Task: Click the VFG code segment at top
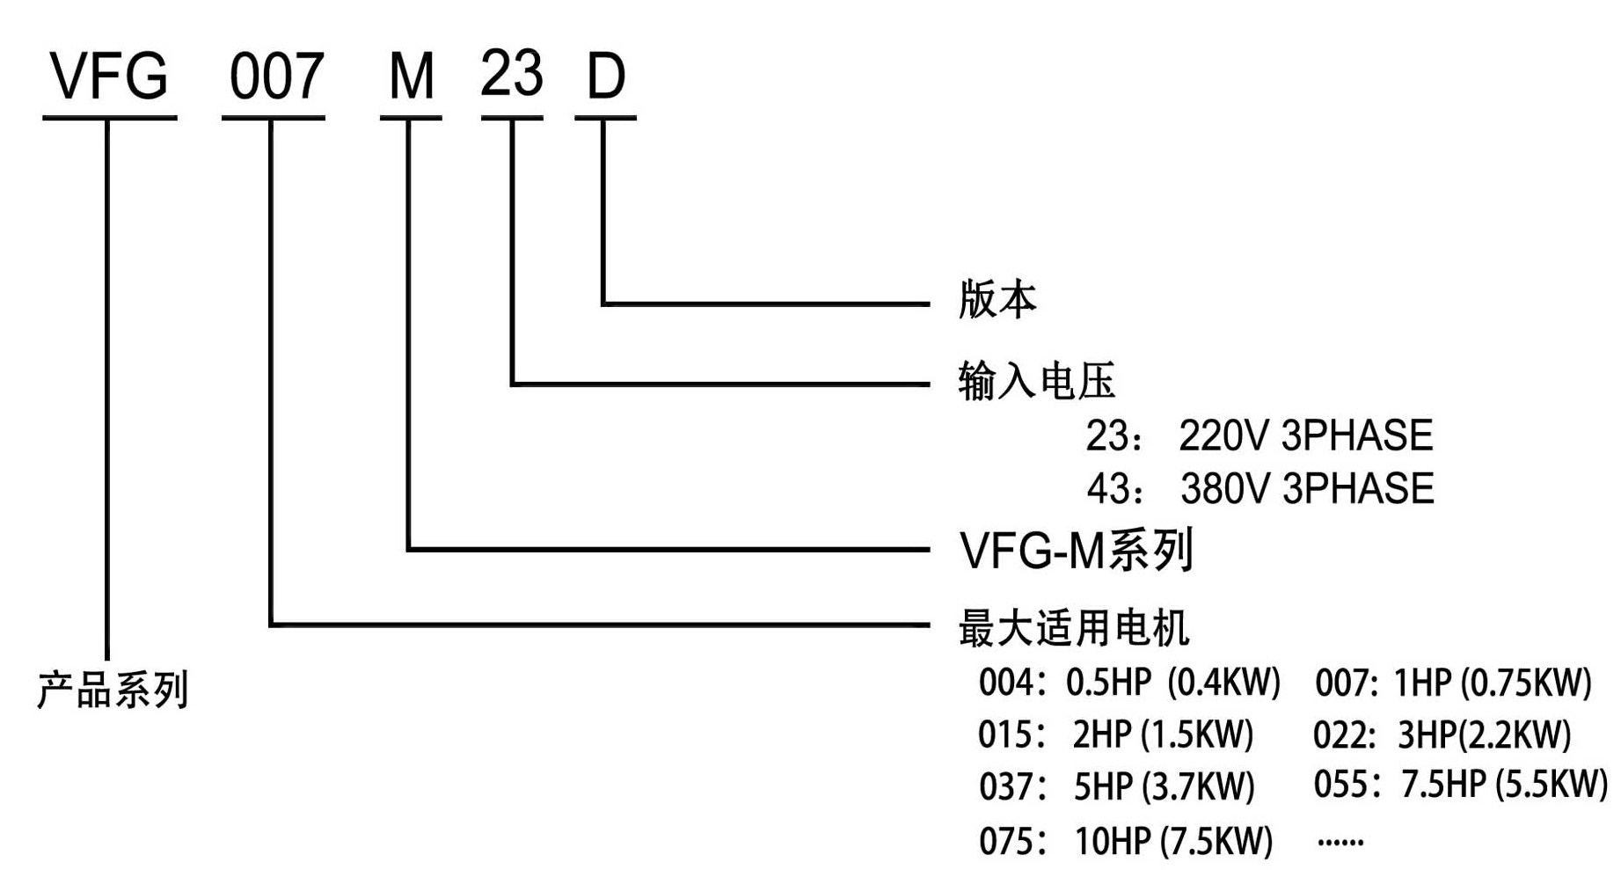pos(109,76)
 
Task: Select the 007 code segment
pos(276,77)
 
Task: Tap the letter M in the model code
pos(411,77)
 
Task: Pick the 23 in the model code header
pos(511,74)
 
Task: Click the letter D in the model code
pos(605,77)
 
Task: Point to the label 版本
pos(997,299)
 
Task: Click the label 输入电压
pos(1036,381)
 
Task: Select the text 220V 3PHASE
pos(1305,435)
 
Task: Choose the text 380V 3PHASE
pos(1307,489)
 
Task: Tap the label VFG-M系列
pos(1076,551)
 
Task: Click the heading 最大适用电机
pos(1074,628)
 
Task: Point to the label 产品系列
pos(113,689)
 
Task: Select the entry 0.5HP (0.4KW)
pos(1172,682)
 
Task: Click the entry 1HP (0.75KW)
pos(1493,682)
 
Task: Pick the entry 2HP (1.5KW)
pos(1163,734)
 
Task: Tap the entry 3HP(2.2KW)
pos(1484,734)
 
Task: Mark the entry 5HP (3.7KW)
pos(1164,786)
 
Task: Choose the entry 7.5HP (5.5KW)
pos(1503,784)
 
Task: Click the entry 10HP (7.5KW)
pos(1173,842)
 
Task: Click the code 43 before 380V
pos(1107,489)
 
